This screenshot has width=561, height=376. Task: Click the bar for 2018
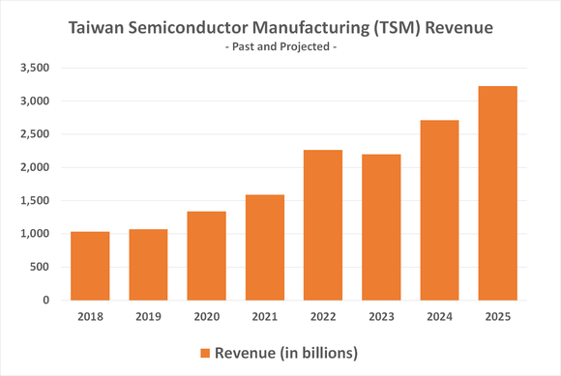(x=90, y=266)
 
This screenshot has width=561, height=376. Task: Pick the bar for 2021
(x=264, y=247)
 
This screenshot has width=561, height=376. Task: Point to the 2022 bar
(x=323, y=224)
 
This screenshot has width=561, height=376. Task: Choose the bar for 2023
(x=381, y=227)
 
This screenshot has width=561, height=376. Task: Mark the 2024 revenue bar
(x=439, y=210)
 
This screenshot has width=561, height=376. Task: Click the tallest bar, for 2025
(x=497, y=193)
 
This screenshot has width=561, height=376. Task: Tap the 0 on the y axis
(x=44, y=300)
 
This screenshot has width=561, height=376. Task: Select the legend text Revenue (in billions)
(x=287, y=353)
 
